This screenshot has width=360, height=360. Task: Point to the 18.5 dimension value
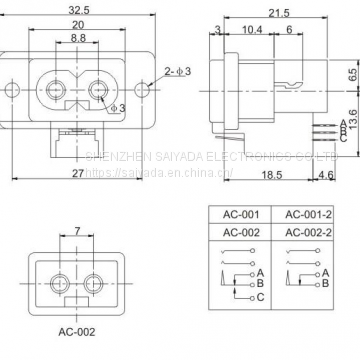[x=267, y=176]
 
